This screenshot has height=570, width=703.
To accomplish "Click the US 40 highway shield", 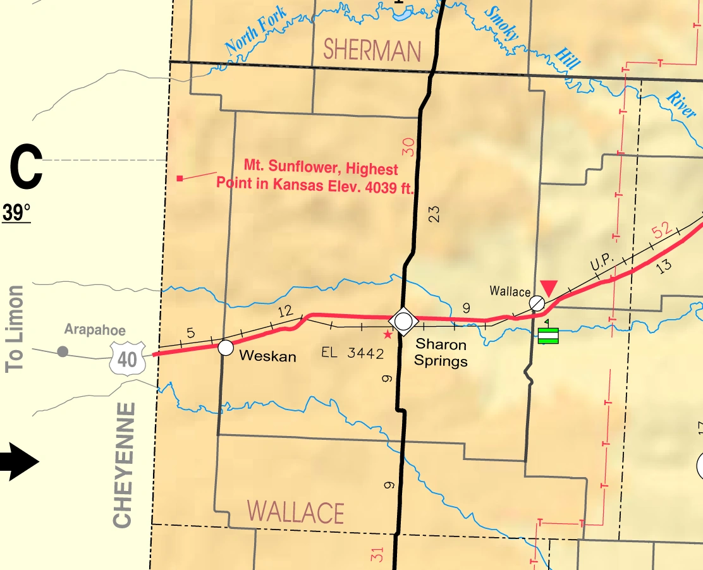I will tap(127, 359).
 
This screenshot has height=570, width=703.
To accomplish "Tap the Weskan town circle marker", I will tap(226, 348).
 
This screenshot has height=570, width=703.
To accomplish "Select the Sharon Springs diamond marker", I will tap(403, 321).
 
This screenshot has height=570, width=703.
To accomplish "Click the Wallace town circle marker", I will tap(537, 303).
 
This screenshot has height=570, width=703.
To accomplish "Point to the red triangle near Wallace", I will tap(549, 288).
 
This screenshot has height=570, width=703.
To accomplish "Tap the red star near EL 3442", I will tap(388, 334).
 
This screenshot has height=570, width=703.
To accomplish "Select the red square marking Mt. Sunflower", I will tap(180, 179).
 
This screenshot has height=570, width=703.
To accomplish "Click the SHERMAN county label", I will tap(372, 50).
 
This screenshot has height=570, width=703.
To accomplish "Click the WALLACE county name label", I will tap(295, 512).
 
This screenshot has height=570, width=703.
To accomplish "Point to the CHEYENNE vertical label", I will tap(123, 464).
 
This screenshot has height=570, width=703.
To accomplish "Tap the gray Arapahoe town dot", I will tap(63, 351).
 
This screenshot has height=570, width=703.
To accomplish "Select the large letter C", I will tap(26, 167).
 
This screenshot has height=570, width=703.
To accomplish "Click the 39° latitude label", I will tap(16, 213).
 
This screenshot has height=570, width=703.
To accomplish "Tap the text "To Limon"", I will tap(15, 329).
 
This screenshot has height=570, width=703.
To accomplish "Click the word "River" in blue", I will tap(681, 105).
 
